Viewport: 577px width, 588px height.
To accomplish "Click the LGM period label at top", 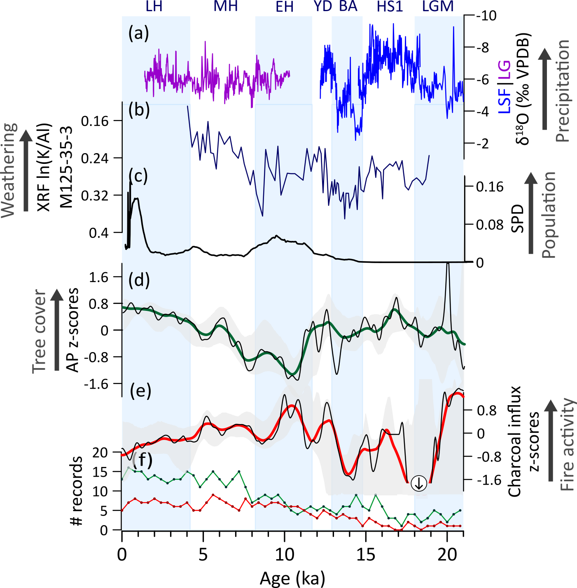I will click(x=438, y=6).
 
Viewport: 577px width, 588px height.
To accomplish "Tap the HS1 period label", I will click(x=390, y=6).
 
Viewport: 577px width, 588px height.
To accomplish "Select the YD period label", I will click(x=322, y=6).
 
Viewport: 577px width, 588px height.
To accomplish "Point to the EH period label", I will click(x=285, y=7).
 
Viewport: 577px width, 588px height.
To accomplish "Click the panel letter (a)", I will click(x=138, y=33).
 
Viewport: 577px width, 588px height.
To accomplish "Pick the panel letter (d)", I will click(x=139, y=280).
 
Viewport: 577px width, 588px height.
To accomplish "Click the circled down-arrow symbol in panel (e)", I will click(x=419, y=483).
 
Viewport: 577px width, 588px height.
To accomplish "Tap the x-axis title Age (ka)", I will click(x=292, y=579).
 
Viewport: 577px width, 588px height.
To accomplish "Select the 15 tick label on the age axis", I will click(x=365, y=555).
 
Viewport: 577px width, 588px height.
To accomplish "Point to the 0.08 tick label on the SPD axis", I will click(x=490, y=225).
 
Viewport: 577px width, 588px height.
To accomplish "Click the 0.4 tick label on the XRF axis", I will click(x=99, y=233).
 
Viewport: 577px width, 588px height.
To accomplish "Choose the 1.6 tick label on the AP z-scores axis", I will click(x=99, y=277).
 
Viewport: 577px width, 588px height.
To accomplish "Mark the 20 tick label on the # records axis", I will click(x=100, y=452).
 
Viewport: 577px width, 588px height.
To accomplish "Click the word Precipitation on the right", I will click(x=563, y=91).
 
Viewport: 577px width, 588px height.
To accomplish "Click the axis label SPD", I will click(x=518, y=218).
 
